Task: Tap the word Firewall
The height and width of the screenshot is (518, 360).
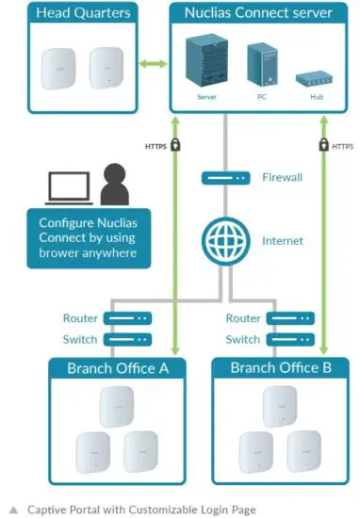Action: click(283, 177)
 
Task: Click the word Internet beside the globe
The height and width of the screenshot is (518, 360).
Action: click(283, 241)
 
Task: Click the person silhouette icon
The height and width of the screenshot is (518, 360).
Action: click(115, 185)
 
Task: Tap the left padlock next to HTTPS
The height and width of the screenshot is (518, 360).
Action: click(176, 146)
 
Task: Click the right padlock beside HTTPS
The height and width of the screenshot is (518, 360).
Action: click(323, 146)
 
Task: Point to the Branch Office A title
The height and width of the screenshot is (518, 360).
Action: click(118, 368)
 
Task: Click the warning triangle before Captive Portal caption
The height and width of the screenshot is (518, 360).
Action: click(13, 510)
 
